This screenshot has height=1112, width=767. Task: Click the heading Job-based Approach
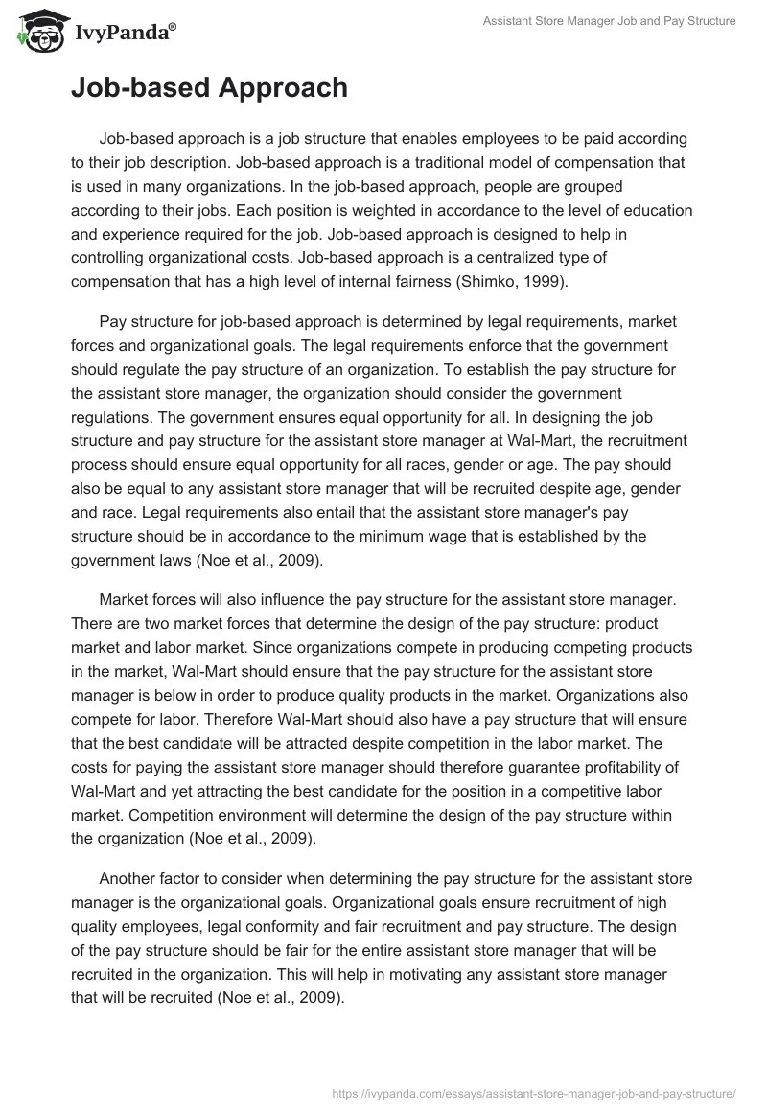[209, 88]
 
